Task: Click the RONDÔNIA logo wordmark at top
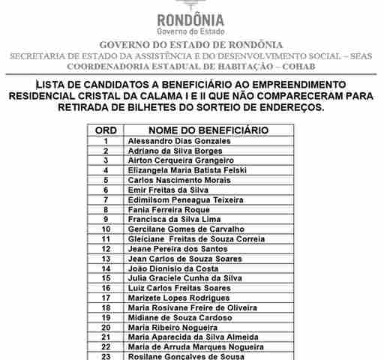pyautogui.click(x=191, y=19)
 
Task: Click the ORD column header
pyautogui.click(x=106, y=130)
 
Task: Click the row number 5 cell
pyautogui.click(x=106, y=180)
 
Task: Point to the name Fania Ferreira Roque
pyautogui.click(x=169, y=209)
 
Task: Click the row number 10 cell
pyautogui.click(x=106, y=229)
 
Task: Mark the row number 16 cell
pyautogui.click(x=106, y=287)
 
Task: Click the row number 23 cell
pyautogui.click(x=106, y=356)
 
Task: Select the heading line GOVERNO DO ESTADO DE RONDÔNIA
pyautogui.click(x=191, y=45)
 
